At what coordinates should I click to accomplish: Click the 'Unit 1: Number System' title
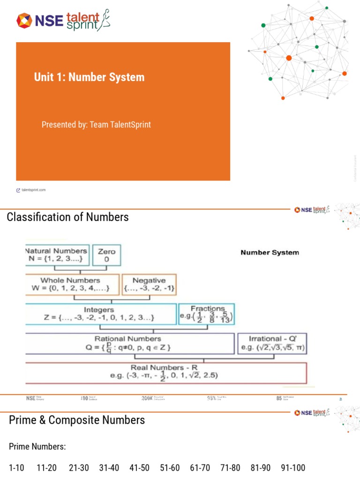coord(89,77)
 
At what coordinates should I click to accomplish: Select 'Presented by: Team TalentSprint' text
coord(96,124)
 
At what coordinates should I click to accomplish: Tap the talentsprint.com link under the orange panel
coord(33,190)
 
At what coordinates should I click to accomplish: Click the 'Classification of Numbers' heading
coord(68,217)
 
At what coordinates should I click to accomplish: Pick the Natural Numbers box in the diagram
coord(57,255)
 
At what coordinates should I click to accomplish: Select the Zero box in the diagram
coord(106,255)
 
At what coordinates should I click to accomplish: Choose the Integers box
coord(101,314)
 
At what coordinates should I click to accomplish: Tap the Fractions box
coord(207,314)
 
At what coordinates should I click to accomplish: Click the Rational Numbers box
coord(129,343)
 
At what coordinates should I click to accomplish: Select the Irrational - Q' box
coord(271,343)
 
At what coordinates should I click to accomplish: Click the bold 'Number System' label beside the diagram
coord(270,252)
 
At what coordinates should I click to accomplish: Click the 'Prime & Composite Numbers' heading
coord(77,420)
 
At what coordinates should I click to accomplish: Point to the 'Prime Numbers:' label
coord(37,447)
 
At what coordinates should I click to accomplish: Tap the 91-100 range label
coord(293,468)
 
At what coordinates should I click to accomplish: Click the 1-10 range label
coord(16,468)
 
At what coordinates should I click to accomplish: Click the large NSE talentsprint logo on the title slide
coord(64,21)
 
